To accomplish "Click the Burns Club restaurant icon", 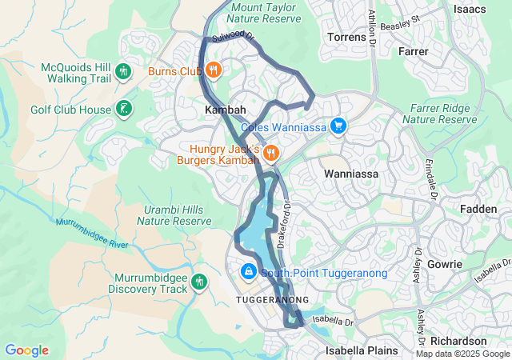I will pos(213,70).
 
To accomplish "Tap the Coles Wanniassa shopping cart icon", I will pos(338,126).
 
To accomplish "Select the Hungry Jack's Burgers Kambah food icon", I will pos(271,151).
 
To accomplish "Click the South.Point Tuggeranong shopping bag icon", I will pos(249,273).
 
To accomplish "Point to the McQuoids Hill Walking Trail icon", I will pos(123,71).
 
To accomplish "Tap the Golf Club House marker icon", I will pos(123,108).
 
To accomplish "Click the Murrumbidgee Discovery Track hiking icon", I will pos(198,282).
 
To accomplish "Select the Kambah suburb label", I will pos(225,109).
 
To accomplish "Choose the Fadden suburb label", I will pos(479,209).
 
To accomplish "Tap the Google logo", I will pos(26,350).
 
